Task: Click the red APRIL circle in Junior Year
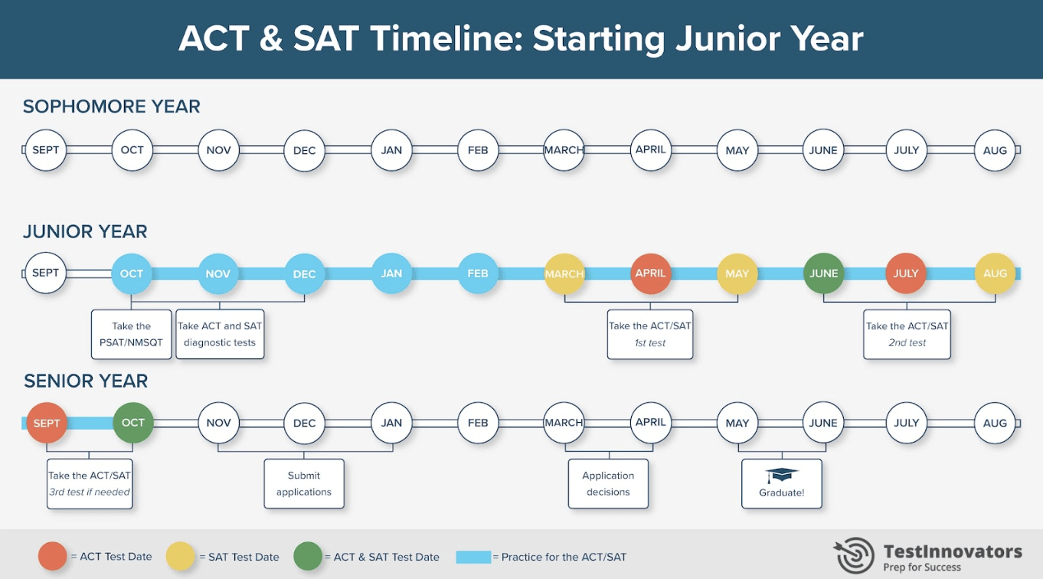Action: [651, 273]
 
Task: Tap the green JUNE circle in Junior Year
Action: [823, 273]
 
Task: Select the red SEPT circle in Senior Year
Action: [47, 423]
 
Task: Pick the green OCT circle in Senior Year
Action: [133, 423]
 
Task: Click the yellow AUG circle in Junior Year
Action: [995, 273]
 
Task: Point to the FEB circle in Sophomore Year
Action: [478, 150]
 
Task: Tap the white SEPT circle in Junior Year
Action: [46, 273]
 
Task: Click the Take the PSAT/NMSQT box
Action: [132, 334]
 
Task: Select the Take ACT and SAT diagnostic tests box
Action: [220, 334]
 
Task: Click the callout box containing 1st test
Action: [649, 334]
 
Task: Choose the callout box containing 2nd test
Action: [907, 334]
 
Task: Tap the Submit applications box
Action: [304, 483]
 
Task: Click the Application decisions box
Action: [608, 483]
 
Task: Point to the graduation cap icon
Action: [781, 476]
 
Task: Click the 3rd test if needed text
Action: [90, 492]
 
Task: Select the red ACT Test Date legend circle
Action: [53, 557]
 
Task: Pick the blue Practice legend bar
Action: [473, 557]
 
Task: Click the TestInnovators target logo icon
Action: [853, 554]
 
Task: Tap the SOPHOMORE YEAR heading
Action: [112, 106]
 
